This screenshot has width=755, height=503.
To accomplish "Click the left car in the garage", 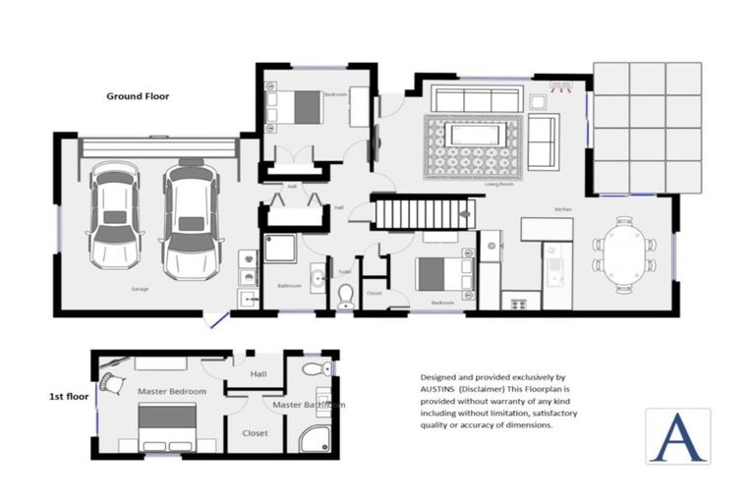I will tap(115, 215).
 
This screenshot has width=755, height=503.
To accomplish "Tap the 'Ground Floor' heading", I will tap(138, 96).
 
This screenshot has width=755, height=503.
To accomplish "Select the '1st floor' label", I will tap(69, 397).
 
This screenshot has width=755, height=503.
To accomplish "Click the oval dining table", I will tap(623, 254).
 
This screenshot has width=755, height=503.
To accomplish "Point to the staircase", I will tap(424, 213).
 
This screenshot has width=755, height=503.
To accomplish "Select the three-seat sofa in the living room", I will tap(477, 99).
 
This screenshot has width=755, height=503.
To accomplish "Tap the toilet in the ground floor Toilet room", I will tap(345, 295).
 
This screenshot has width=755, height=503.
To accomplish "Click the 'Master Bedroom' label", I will tap(172, 391).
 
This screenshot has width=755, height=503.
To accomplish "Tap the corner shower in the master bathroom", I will tap(316, 438).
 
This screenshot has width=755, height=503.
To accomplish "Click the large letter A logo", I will tap(677, 436).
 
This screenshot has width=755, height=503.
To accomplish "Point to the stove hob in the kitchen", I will tap(515, 303).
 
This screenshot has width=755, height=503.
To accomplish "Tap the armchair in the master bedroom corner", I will tap(113, 380).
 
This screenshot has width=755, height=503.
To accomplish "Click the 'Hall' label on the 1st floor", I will tap(258, 373).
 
